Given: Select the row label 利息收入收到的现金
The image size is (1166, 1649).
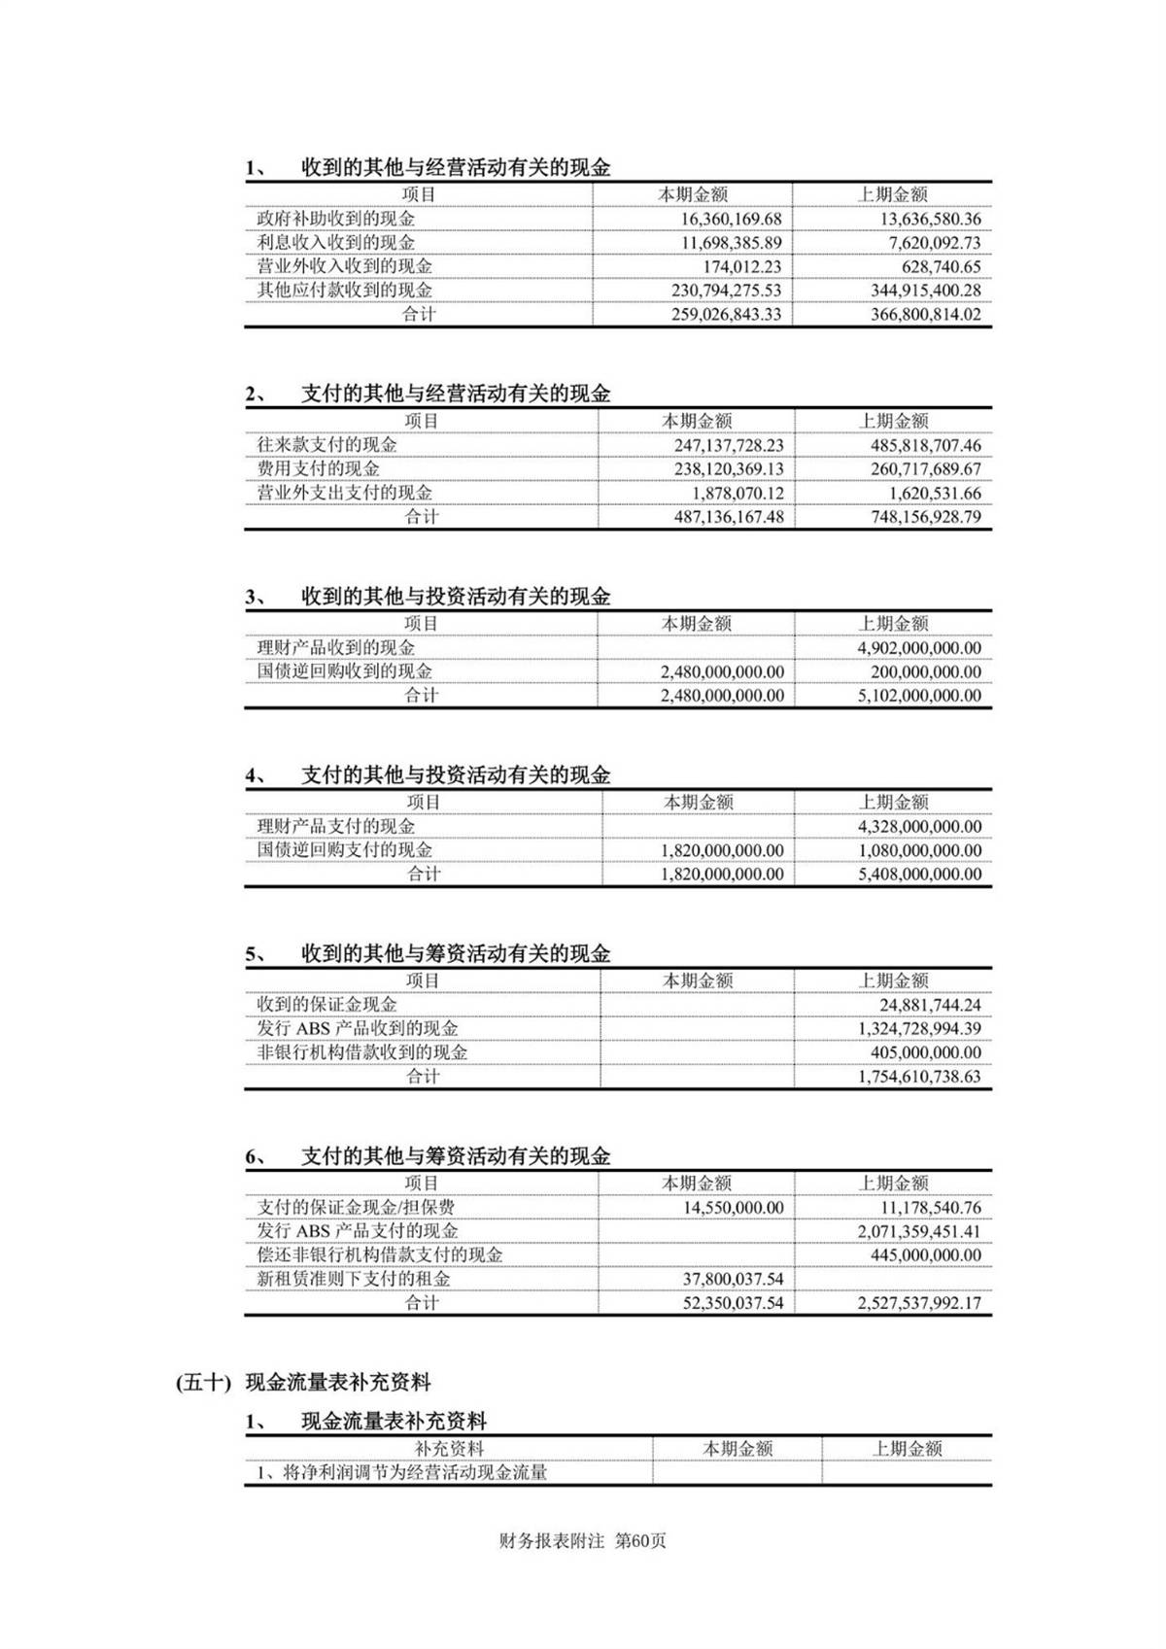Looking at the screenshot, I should pyautogui.click(x=335, y=243).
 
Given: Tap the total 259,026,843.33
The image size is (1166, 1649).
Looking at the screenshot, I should pyautogui.click(x=726, y=314).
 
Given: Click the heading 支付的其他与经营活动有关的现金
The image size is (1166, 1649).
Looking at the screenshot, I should pyautogui.click(x=455, y=394).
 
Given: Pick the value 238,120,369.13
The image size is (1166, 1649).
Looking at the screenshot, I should pyautogui.click(x=729, y=468).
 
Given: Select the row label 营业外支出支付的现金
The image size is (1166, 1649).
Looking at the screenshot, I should pyautogui.click(x=344, y=493).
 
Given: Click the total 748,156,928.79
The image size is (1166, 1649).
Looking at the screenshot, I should pyautogui.click(x=925, y=517).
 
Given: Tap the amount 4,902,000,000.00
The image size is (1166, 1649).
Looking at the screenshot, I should pyautogui.click(x=919, y=647).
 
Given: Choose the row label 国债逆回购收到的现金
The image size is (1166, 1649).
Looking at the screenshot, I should pyautogui.click(x=344, y=670).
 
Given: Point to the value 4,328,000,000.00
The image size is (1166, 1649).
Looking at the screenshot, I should pyautogui.click(x=919, y=826).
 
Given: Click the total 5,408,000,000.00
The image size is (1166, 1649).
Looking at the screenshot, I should pyautogui.click(x=919, y=874).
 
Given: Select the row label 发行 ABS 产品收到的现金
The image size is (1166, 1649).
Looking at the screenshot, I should pyautogui.click(x=357, y=1028).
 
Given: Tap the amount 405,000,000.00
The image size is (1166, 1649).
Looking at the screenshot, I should pyautogui.click(x=925, y=1052).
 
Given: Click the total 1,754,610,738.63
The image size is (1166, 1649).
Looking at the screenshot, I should pyautogui.click(x=919, y=1077).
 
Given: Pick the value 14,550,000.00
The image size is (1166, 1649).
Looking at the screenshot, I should pyautogui.click(x=733, y=1207).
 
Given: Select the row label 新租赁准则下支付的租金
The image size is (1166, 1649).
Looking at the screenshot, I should pyautogui.click(x=353, y=1279).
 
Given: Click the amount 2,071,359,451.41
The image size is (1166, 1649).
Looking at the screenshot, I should pyautogui.click(x=919, y=1231).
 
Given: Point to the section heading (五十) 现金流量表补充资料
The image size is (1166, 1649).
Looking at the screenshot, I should pyautogui.click(x=303, y=1382).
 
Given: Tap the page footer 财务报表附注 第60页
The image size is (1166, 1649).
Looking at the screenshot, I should pyautogui.click(x=582, y=1540).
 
